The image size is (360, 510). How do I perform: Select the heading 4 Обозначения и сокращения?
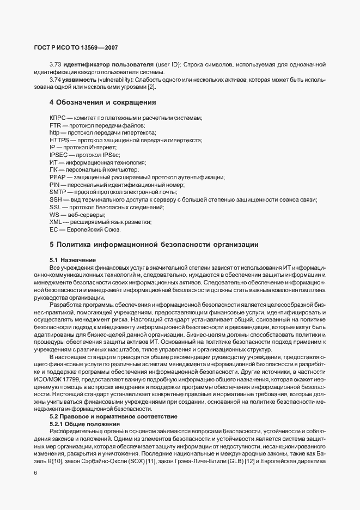(x=95, y=102)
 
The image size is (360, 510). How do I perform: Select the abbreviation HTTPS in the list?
(x=59, y=141)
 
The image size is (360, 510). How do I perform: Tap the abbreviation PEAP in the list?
(x=57, y=178)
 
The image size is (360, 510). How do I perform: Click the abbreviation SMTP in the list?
(x=58, y=192)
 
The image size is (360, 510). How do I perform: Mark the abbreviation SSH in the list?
(x=56, y=200)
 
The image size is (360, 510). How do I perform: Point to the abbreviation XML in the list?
(x=56, y=222)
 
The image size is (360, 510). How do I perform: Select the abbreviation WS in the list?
(x=54, y=215)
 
